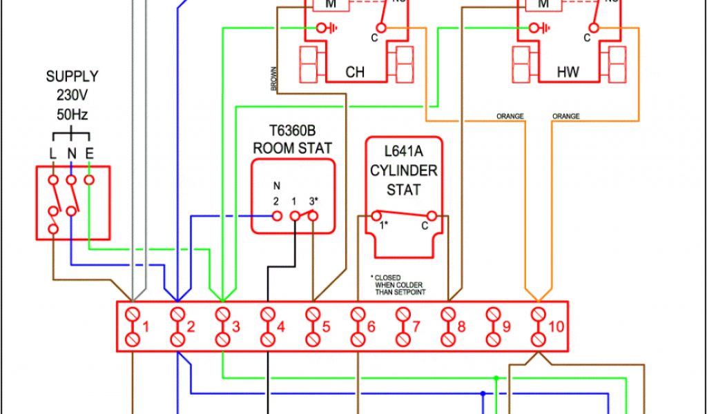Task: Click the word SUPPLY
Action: tap(72, 77)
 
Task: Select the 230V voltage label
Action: tap(72, 95)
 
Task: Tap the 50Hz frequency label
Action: tap(72, 114)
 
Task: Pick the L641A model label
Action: tap(403, 152)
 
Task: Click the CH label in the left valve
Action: tap(355, 72)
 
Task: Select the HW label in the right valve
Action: tap(568, 72)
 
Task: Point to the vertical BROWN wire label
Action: tap(274, 79)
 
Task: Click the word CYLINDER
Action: tap(403, 170)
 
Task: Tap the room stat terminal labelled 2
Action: tap(277, 215)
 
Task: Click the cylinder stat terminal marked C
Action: tap(432, 215)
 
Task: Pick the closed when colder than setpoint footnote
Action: tap(400, 285)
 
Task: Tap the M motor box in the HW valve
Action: tap(542, 6)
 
